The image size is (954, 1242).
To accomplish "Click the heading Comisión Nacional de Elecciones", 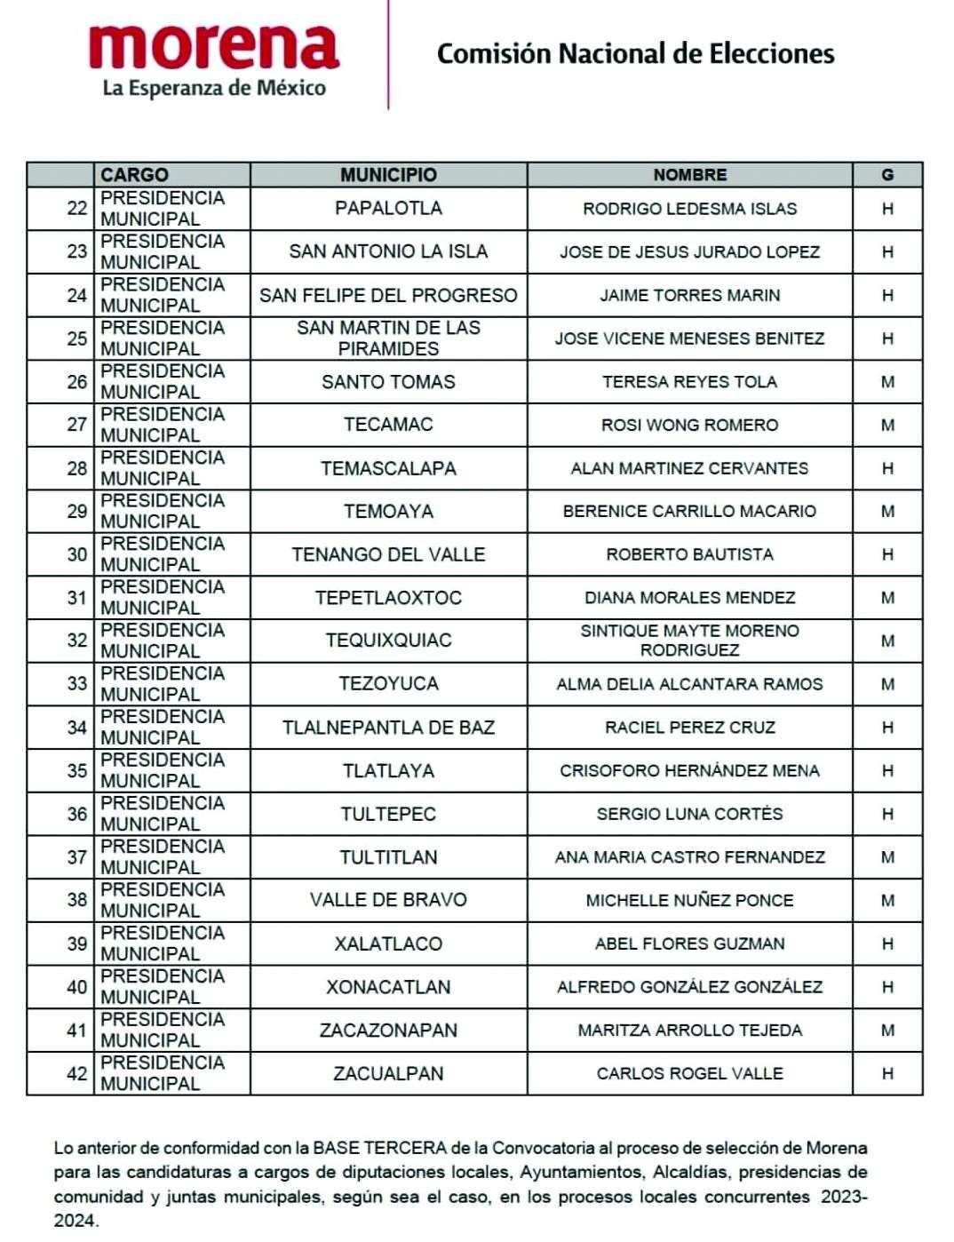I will point(635,54).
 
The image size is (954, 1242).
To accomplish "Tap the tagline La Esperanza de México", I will point(214,88).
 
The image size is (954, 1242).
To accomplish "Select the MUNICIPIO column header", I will point(388,175).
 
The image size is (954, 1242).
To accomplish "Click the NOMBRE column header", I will point(689,175).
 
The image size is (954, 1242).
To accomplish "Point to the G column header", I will point(886,175).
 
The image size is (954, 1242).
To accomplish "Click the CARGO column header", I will point(134,175).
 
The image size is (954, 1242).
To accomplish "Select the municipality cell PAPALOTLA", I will point(388,208).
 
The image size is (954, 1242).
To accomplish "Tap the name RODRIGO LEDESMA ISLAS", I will point(689,209).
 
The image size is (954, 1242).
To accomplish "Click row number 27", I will point(77,425).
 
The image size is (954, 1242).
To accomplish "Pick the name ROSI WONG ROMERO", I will point(689,425).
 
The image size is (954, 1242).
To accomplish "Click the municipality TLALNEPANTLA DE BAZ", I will point(388,728).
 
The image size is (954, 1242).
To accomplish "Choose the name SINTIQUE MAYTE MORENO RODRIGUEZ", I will point(689,641).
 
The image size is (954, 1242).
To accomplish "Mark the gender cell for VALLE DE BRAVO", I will point(886,900).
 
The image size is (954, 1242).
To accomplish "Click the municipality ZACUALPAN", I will point(388,1073).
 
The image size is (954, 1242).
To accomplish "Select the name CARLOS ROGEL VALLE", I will point(689,1073).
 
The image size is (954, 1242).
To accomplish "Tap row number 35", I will point(77,770).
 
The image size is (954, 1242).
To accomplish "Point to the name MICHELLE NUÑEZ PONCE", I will point(689,900).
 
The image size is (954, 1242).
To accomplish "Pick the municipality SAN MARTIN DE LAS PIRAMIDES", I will point(388,338).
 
